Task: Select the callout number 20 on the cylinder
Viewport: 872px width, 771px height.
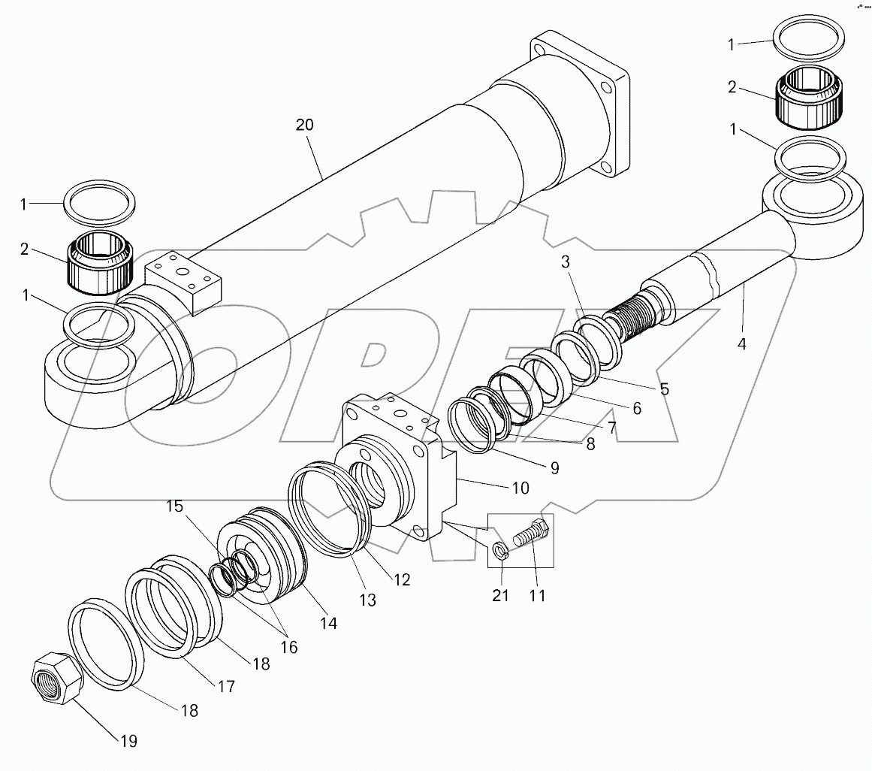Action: click(x=304, y=125)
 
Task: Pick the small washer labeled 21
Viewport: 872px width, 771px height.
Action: click(x=500, y=553)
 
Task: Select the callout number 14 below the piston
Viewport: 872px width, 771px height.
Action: click(x=327, y=622)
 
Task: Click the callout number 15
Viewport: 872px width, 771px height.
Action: click(x=174, y=506)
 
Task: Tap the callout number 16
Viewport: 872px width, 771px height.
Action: click(x=288, y=647)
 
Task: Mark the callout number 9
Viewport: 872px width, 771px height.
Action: click(x=554, y=468)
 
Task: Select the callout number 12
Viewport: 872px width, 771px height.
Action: click(x=401, y=579)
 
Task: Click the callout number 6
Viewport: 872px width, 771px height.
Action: click(x=635, y=408)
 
